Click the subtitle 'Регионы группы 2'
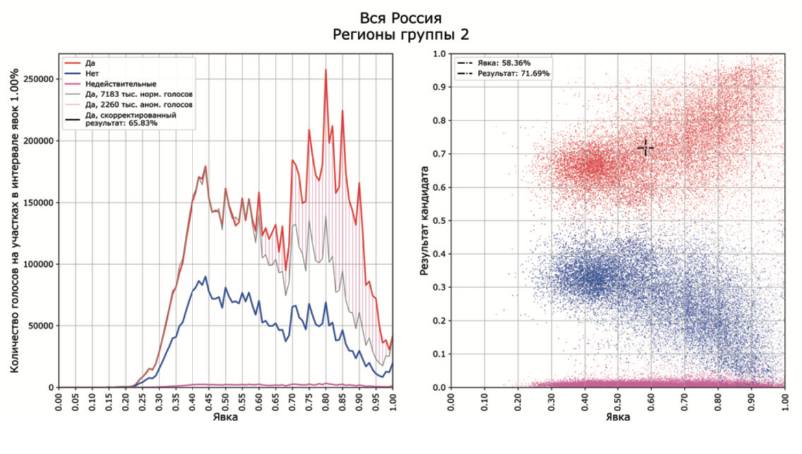(400, 34)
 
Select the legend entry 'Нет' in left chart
(93, 73)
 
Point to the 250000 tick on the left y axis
(37, 78)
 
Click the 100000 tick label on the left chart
(37, 264)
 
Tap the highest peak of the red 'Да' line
(325, 70)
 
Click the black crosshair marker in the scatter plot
(645, 148)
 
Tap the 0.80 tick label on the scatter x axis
(718, 402)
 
